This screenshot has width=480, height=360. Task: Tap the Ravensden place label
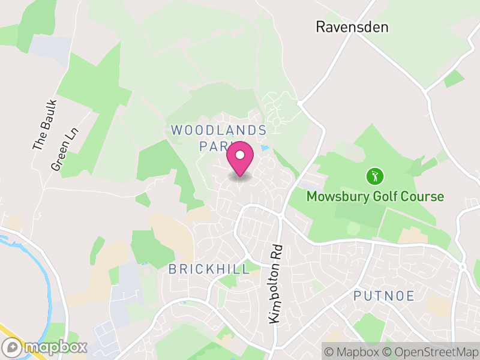(x=352, y=27)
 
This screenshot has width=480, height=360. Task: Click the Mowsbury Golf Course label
(x=375, y=197)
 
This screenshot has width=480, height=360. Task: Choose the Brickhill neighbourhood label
(x=209, y=269)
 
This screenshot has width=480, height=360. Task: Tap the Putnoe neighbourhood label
(x=383, y=295)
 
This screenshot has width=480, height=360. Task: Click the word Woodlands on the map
(x=218, y=130)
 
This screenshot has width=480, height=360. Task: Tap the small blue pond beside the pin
(x=264, y=148)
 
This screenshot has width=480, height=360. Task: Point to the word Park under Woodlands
(x=214, y=146)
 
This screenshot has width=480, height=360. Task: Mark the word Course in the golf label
(x=424, y=197)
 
